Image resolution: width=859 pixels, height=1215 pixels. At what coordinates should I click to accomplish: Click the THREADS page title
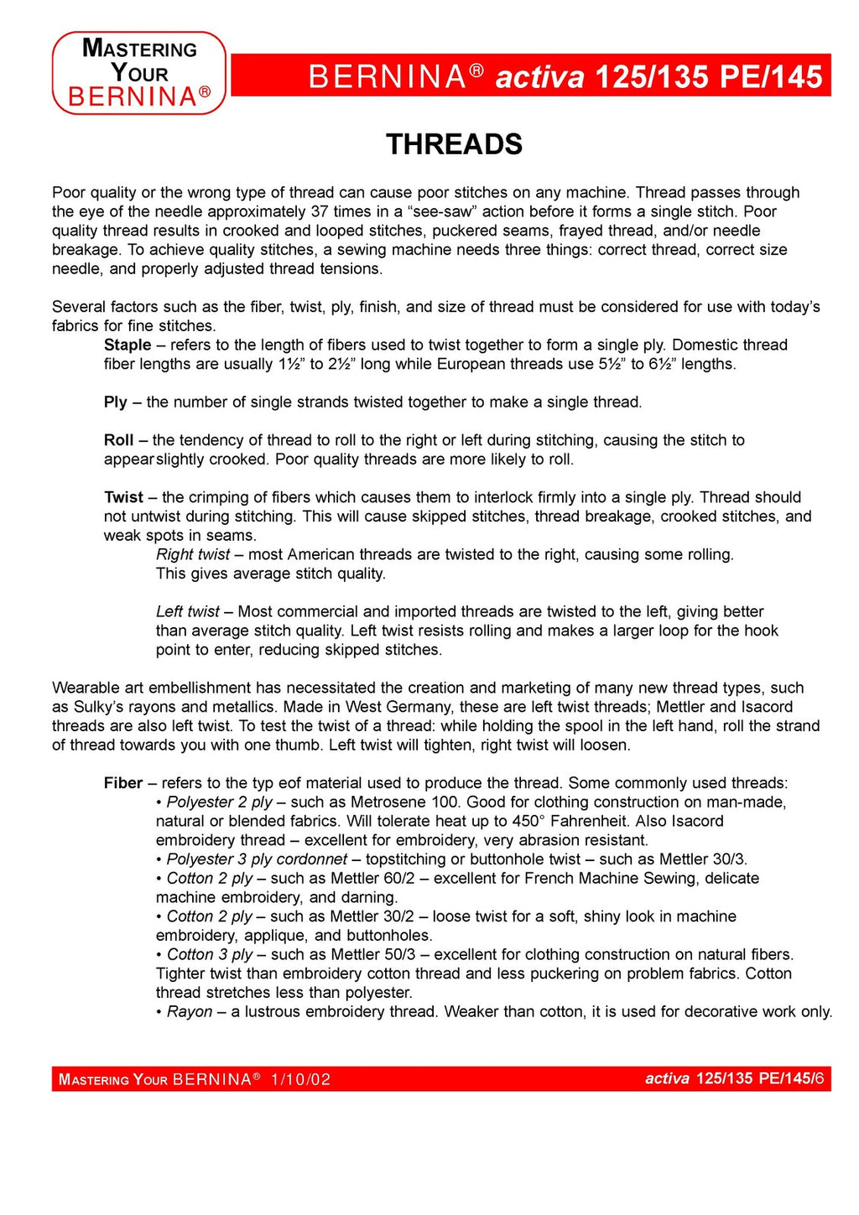(454, 144)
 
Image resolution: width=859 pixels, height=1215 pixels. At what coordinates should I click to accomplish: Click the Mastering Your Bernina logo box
(139, 73)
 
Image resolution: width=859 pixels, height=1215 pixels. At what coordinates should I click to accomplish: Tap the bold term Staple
(128, 345)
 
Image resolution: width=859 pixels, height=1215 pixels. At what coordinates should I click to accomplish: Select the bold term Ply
(116, 402)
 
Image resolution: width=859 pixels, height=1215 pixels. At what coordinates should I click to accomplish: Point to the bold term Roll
(119, 440)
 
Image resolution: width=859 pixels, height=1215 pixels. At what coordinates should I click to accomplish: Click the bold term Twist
(123, 497)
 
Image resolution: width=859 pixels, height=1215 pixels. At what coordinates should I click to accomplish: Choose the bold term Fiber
(123, 783)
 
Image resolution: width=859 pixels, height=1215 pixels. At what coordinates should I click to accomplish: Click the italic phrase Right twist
(193, 554)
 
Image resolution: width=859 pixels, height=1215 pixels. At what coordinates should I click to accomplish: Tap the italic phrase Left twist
(188, 611)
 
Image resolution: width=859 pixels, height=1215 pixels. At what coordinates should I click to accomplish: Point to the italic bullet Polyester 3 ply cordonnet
(257, 859)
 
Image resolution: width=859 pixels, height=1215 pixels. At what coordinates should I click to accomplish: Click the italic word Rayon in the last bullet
(190, 1011)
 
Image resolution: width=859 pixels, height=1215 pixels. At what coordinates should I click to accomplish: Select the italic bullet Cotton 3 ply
(210, 954)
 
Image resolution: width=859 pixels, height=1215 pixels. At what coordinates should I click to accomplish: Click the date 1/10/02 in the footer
(300, 1079)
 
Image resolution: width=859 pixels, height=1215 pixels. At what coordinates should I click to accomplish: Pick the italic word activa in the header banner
(539, 77)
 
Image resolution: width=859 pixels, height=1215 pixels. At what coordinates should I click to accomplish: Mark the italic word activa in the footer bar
(667, 1078)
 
